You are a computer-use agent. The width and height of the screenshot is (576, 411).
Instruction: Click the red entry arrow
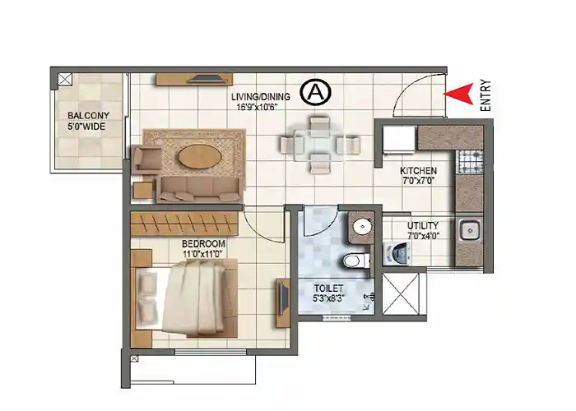click(x=459, y=93)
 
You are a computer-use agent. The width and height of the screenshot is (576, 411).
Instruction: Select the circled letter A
click(x=315, y=92)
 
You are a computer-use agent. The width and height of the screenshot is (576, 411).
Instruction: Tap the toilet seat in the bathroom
click(x=352, y=261)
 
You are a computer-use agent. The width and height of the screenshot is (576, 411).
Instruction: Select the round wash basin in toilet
click(x=360, y=227)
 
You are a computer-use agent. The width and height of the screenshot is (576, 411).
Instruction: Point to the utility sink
click(x=471, y=232)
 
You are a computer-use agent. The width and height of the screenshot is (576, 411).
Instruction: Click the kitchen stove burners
click(x=471, y=159)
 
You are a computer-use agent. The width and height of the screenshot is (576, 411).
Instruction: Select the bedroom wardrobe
click(x=185, y=222)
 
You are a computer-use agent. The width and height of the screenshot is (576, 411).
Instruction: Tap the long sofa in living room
click(x=199, y=189)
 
